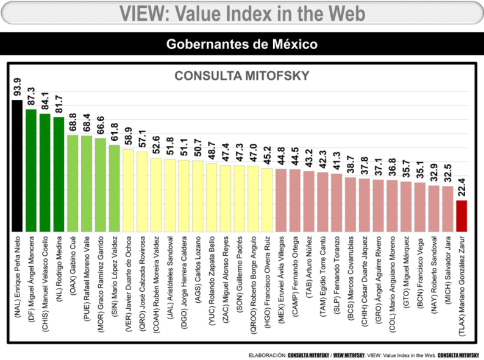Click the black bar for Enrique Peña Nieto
coord(17,164)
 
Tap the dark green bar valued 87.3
coord(31,170)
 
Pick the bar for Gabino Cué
coord(73,183)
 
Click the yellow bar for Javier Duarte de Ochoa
coord(128,189)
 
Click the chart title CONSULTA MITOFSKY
coord(242,76)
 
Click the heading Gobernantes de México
coord(242,44)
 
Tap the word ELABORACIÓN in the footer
coord(267,355)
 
